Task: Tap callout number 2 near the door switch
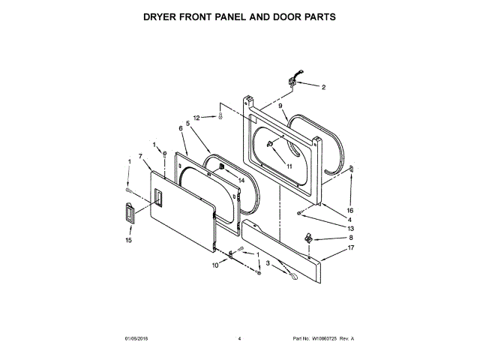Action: click(323, 88)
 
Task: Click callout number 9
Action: click(280, 107)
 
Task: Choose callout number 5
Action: click(187, 124)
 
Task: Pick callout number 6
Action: click(181, 129)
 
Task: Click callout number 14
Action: click(241, 180)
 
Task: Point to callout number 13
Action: click(350, 228)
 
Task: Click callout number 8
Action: click(350, 238)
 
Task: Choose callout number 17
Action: click(350, 247)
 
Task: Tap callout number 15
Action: click(127, 241)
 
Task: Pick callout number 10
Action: click(214, 265)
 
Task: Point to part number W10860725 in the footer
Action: click(324, 339)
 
